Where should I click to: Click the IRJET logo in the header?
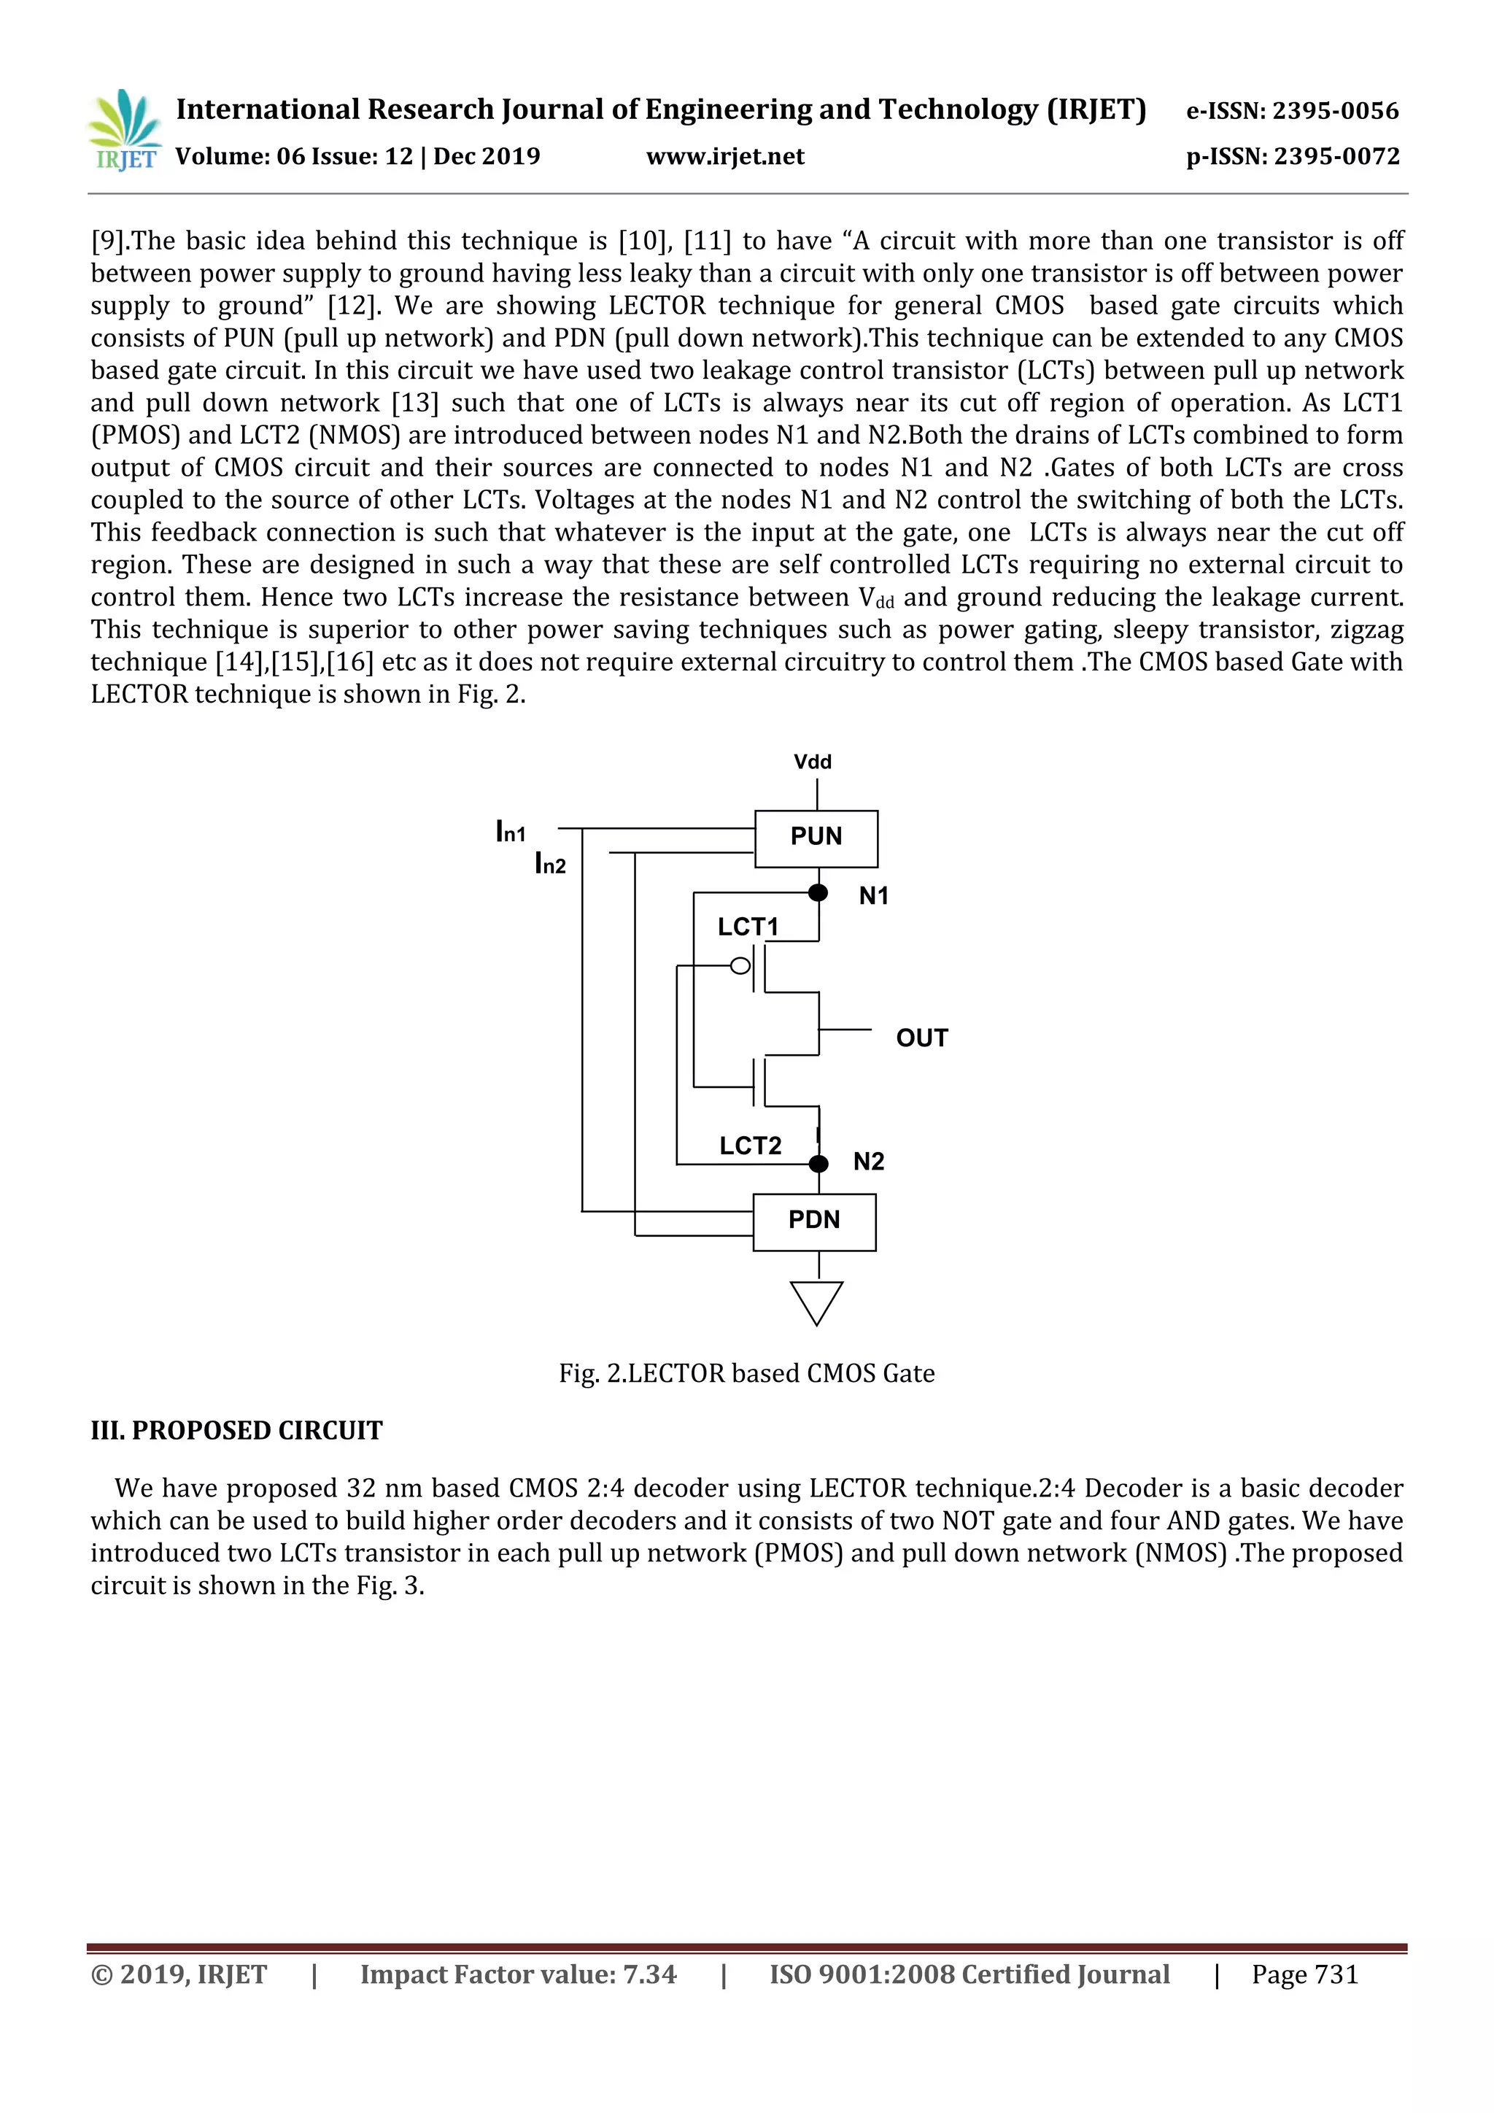123,131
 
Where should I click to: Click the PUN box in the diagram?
816,838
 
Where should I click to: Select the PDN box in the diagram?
814,1222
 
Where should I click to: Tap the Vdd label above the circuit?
813,762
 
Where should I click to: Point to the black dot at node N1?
818,892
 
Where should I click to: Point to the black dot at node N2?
818,1164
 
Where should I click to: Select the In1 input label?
511,832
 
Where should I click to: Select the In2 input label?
550,863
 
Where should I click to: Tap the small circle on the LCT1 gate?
740,965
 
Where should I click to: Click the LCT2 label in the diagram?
750,1146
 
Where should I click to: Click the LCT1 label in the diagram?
747,927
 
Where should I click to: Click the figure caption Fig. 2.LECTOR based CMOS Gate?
746,1373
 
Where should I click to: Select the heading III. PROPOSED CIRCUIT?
236,1430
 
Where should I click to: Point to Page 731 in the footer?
1304,1974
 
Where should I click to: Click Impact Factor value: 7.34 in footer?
518,1974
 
